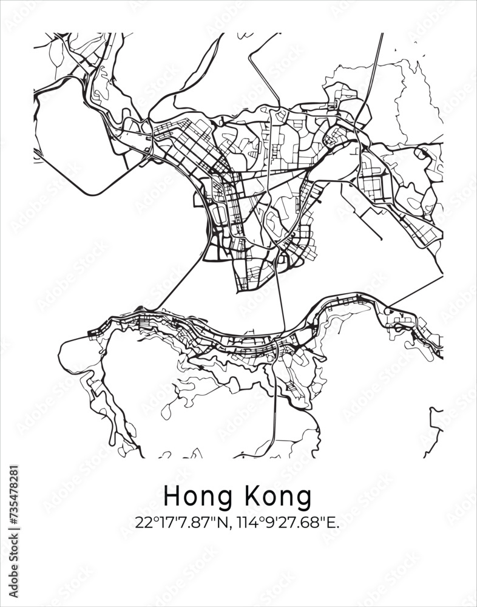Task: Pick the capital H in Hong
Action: click(171, 497)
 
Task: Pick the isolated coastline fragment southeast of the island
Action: click(435, 425)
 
